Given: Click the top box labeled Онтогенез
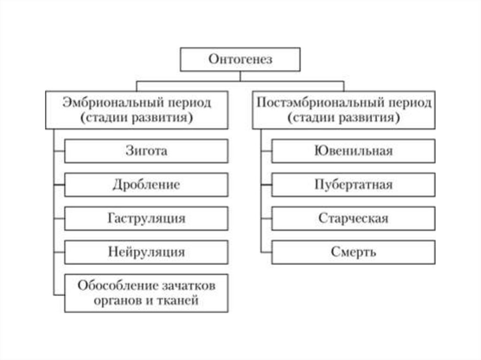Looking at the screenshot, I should pos(240,59).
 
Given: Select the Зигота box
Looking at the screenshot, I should pos(146,151).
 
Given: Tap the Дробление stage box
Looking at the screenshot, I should pos(146,184).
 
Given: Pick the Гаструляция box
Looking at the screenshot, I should pos(146,218).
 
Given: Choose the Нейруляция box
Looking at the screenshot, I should pos(146,252).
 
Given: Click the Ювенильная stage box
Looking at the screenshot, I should pos(353,151).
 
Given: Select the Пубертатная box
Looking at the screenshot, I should pos(353,184).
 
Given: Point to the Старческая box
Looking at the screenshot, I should pos(353,218).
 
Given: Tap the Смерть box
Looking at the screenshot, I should pos(353,252).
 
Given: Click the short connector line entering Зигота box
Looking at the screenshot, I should pos(59,151).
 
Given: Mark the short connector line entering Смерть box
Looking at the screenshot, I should pos(266,252).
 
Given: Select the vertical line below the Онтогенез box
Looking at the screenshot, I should pos(240,76).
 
